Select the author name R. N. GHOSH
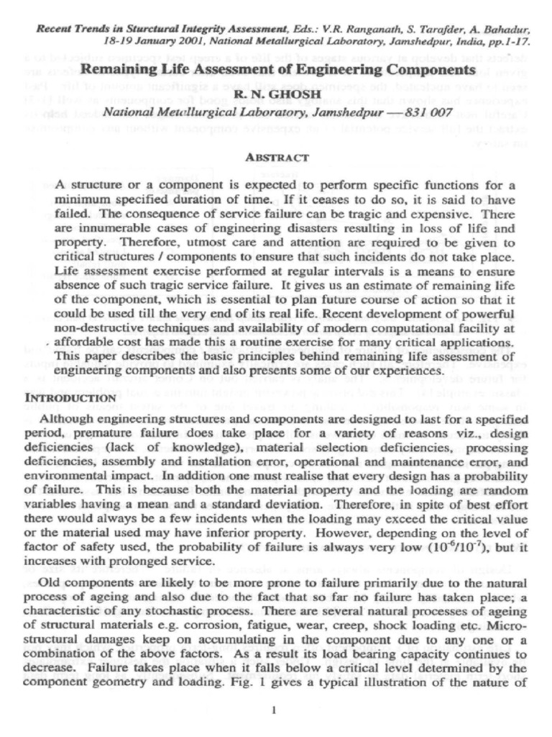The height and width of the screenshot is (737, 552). (x=277, y=94)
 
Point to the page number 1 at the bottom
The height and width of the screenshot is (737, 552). (x=275, y=711)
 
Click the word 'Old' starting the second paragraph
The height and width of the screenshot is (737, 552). (x=48, y=582)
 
